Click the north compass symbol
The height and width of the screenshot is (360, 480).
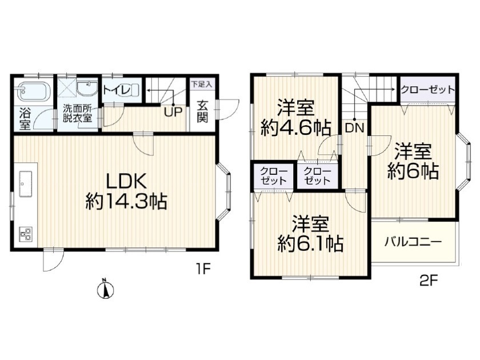[x=105, y=289]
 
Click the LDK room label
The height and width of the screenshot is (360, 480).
[x=126, y=183]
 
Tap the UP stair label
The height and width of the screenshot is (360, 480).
[x=173, y=112]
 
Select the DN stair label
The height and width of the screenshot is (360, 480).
[x=354, y=128]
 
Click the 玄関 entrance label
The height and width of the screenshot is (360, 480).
[x=202, y=112]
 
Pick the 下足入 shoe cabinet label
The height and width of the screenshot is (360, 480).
[x=201, y=85]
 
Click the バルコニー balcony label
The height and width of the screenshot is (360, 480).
[x=413, y=242]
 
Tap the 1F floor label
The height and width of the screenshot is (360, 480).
[x=203, y=269]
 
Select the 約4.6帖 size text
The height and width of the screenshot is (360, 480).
[x=296, y=128]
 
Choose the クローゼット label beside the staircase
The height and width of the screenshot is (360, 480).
[x=427, y=90]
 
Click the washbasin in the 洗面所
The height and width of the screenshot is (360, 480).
[x=87, y=89]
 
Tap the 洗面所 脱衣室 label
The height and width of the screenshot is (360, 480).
[x=78, y=113]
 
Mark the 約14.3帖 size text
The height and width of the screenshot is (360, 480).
[x=126, y=201]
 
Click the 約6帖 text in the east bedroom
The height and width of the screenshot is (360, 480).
[x=413, y=171]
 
